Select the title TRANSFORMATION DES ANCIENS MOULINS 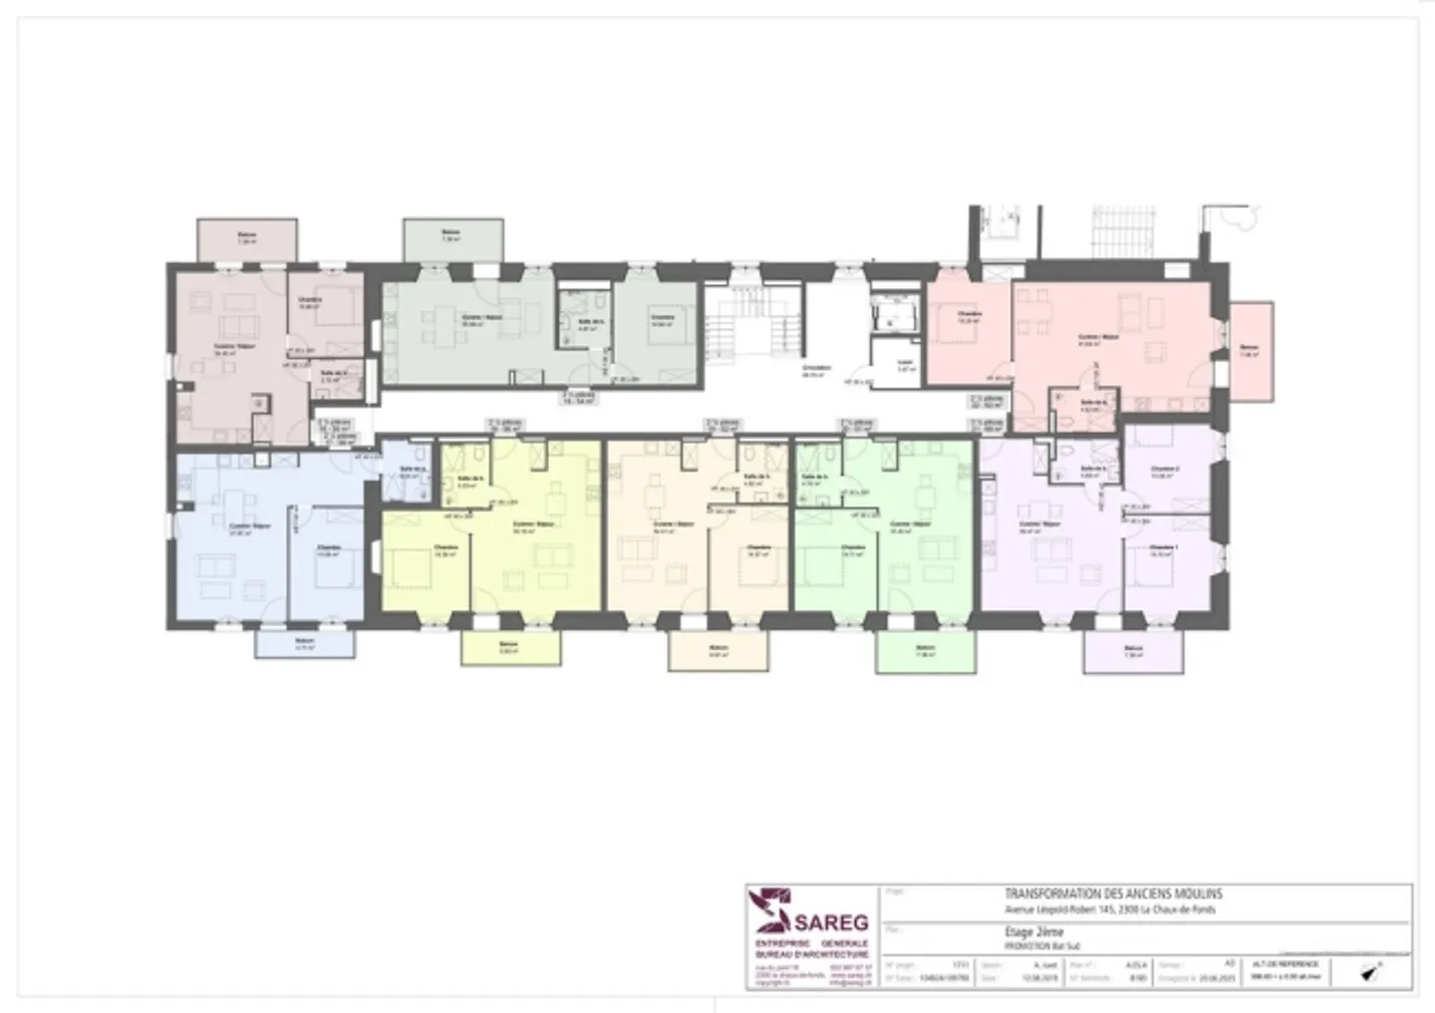(x=1112, y=894)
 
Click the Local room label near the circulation (x=905, y=365)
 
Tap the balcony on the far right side (x=1251, y=352)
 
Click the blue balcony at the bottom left (x=305, y=644)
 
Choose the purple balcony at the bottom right (x=1133, y=652)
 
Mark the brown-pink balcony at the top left (x=246, y=239)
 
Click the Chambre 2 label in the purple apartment (x=1164, y=471)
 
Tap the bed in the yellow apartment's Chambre (x=409, y=569)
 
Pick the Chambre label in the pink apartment (x=969, y=316)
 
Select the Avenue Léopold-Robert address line (x=1109, y=909)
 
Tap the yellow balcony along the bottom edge (x=510, y=648)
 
